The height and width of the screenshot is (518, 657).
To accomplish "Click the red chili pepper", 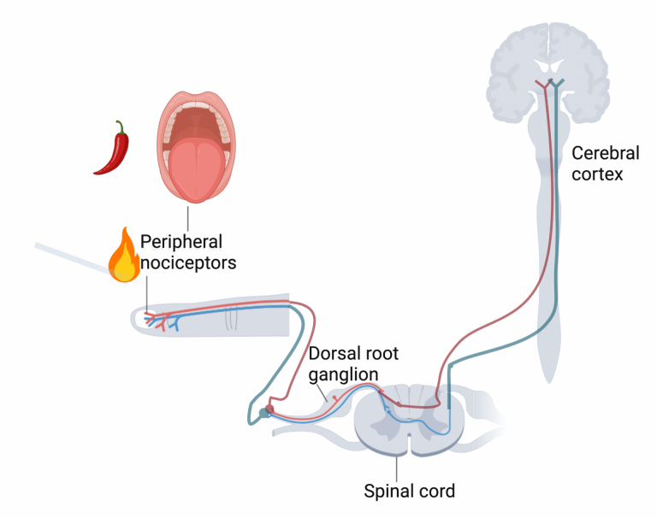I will pos(113,150).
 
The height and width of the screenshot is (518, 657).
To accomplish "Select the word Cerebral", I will pos(606,154).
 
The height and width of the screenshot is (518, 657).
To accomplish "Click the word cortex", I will pos(599,174).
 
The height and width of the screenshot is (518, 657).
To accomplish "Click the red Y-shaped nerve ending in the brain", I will pos(542,87).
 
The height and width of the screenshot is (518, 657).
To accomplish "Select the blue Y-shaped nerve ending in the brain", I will pos(558,85).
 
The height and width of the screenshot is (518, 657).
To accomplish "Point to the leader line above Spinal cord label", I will pos(397,467).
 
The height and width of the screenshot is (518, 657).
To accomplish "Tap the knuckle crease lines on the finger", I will pos(230,319).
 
